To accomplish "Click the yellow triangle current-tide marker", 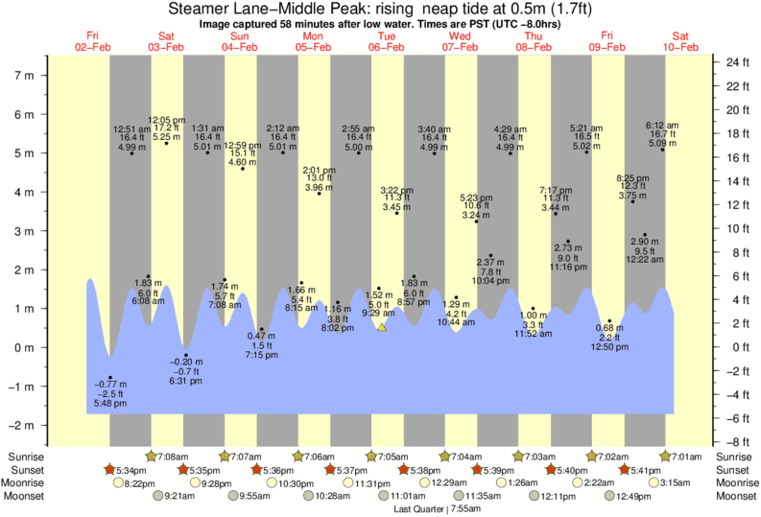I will (x=381, y=328).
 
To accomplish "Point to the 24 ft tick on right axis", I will (x=734, y=63).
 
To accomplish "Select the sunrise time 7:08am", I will (x=172, y=457).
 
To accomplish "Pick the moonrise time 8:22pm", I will (x=140, y=483).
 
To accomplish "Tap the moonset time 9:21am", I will (x=179, y=496).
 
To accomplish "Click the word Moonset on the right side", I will (x=734, y=496).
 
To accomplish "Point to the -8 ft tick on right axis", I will (x=733, y=442).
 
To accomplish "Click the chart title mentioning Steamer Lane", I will (x=381, y=9).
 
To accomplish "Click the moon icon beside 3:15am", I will (x=654, y=483).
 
